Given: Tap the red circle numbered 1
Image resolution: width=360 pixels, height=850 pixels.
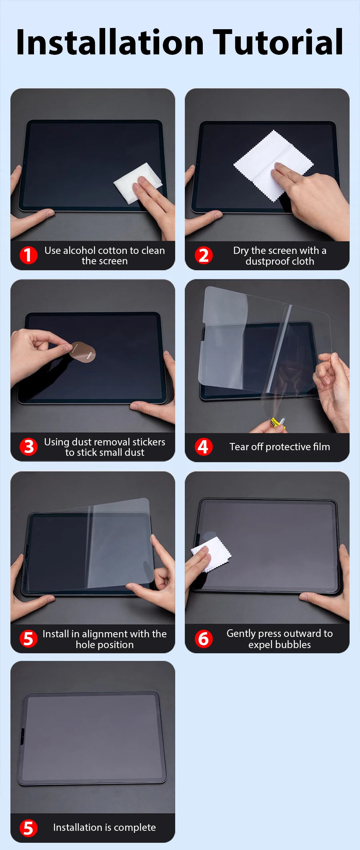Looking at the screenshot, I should coord(28,255).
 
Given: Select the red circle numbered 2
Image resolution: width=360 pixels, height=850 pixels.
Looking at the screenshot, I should coord(204,255).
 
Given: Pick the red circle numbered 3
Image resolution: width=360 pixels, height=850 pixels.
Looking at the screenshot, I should coord(29,447).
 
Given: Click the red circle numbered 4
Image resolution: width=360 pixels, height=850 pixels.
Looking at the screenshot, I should coord(204,447).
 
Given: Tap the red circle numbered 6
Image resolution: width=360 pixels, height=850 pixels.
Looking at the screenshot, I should coord(204,638).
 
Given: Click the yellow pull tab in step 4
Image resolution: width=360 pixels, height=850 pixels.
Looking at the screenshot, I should coord(276,423).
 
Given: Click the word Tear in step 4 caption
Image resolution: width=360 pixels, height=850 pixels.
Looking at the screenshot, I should coord(239,447).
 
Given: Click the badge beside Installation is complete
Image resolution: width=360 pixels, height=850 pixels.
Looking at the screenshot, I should coord(29,828).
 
